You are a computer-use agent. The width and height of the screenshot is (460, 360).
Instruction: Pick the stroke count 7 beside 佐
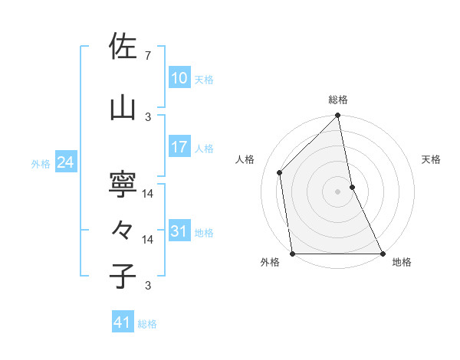click(147, 56)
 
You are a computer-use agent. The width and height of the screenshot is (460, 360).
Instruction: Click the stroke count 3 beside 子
click(147, 286)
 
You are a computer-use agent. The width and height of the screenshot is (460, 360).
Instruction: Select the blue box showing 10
click(179, 78)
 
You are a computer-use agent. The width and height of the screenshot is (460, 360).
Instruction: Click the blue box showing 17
click(179, 147)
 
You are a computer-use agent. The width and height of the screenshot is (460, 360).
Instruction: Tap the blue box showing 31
click(179, 231)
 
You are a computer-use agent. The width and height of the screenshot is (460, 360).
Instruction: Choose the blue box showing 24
click(65, 162)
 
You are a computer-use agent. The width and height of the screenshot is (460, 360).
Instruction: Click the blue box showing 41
click(123, 322)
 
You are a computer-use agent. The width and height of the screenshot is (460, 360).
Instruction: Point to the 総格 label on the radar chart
click(338, 100)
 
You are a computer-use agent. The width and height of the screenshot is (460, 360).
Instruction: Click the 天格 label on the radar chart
click(432, 159)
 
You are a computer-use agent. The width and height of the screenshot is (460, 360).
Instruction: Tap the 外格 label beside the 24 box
click(41, 163)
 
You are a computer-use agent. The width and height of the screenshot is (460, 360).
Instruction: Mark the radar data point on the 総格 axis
click(338, 116)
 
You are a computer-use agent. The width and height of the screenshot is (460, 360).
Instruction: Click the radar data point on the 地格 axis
click(382, 253)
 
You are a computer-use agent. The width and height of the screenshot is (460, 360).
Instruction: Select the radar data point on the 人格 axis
click(280, 172)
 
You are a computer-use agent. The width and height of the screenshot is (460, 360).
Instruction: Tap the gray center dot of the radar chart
click(338, 191)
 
